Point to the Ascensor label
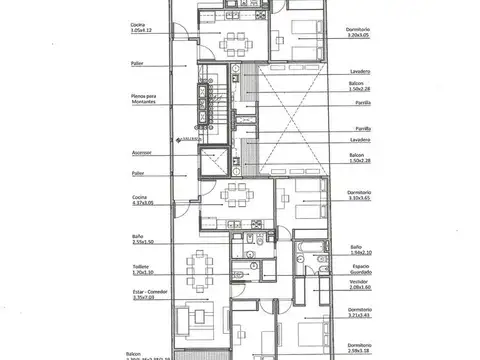click(142, 153)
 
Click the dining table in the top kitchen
click(236, 41)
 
